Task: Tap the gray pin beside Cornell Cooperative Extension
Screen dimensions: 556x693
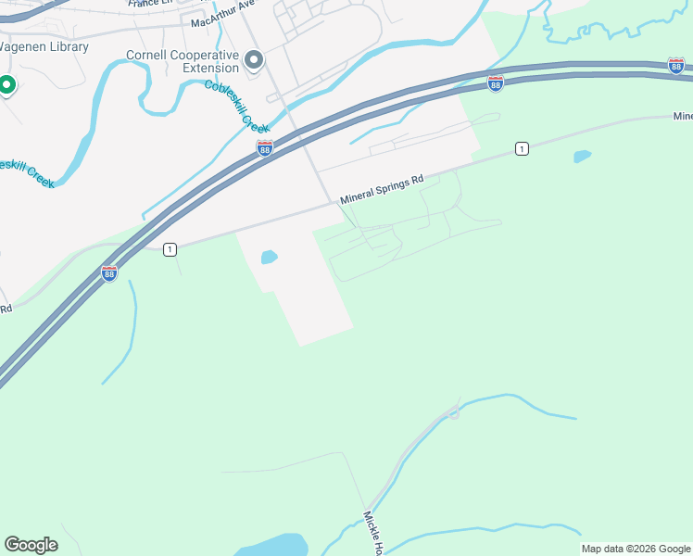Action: coord(255,61)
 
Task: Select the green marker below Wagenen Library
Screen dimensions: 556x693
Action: coord(6,86)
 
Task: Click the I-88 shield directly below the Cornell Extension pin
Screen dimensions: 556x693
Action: coord(265,148)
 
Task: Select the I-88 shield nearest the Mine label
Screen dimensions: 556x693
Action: coord(675,65)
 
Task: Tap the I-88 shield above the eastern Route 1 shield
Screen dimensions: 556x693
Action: coord(496,83)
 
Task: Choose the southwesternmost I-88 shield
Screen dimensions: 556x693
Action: coord(109,273)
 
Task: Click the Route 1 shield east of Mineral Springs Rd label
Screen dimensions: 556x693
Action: coord(523,149)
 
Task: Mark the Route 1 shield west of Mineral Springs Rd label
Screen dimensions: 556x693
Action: coord(170,249)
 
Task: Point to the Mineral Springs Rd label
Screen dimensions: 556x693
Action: coord(381,188)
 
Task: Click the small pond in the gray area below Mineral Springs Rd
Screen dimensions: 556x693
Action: coord(270,257)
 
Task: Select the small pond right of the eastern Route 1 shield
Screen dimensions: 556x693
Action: coord(582,156)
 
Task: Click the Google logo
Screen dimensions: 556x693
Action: coord(31,545)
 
